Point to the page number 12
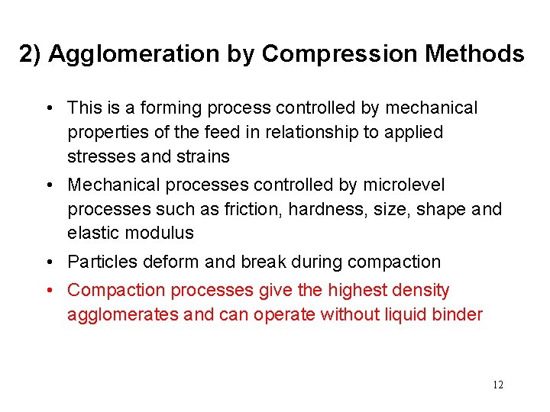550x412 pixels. point(498,385)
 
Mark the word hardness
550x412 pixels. point(309,209)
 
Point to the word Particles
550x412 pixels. point(99,262)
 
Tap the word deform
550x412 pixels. point(169,262)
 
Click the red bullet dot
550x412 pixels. point(49,291)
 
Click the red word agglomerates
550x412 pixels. point(122,314)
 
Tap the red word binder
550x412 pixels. point(457,314)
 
